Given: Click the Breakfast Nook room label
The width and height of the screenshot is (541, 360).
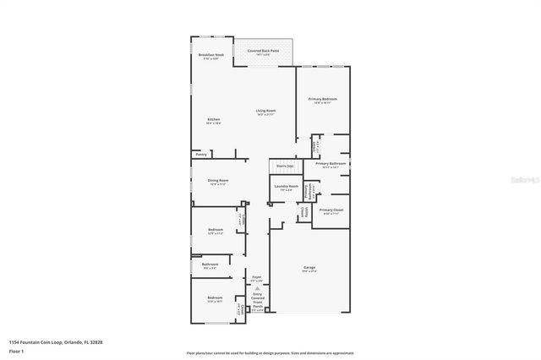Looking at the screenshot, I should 211,55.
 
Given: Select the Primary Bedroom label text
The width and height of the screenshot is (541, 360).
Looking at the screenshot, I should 323,99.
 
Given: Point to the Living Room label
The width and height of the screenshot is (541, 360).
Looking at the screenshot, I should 266,111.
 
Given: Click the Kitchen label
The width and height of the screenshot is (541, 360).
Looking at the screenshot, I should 214,120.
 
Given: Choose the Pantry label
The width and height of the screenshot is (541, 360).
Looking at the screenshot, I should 201,155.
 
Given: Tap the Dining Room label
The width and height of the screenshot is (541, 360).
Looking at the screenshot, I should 219,180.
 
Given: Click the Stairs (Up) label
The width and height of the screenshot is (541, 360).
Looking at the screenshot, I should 285,167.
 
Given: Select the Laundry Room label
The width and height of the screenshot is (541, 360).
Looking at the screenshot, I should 287,186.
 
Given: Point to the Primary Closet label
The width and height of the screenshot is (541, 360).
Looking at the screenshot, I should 331,209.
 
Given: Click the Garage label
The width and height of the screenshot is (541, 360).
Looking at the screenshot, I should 309,268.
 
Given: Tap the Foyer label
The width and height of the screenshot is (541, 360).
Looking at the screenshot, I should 257,277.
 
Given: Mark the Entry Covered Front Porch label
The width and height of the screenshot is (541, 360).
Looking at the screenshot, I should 257,298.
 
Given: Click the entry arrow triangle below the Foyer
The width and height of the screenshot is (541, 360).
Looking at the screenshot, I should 257,287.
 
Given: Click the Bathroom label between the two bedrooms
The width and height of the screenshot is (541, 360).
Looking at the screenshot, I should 210,265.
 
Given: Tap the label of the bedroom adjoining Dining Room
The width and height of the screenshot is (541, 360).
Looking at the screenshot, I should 216,230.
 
